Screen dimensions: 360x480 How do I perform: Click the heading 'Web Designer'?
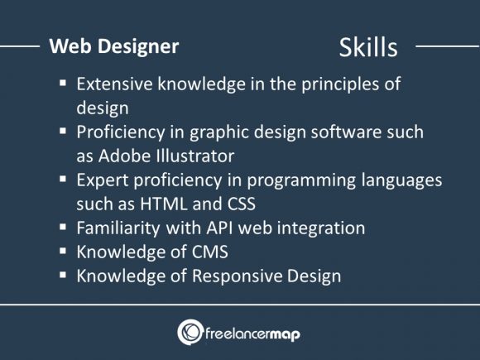[114, 46]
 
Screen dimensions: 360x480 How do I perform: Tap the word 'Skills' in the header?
[368, 47]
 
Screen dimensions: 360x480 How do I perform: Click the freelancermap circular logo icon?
[190, 332]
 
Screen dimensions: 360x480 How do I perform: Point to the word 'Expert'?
[100, 180]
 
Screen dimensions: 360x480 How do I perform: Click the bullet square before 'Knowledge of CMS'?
[64, 252]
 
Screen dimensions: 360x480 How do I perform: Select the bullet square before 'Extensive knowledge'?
[64, 85]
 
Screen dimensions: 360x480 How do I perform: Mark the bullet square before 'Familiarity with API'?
[64, 228]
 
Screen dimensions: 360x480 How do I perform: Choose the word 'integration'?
[321, 228]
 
